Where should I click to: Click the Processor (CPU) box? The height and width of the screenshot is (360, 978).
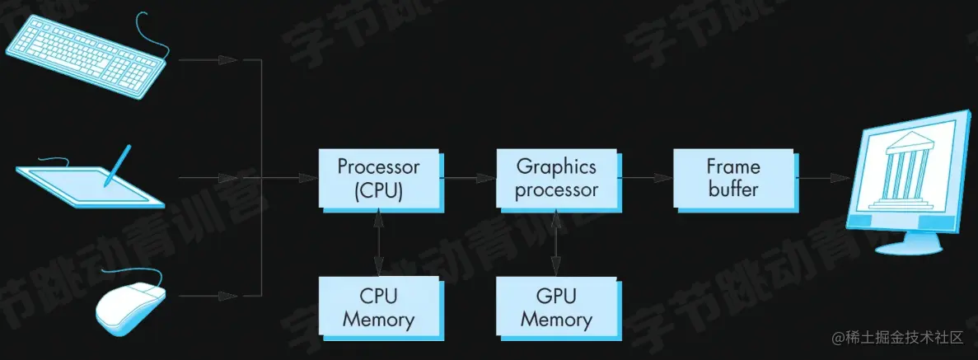click(378, 178)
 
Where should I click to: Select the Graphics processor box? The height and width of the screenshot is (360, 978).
click(556, 178)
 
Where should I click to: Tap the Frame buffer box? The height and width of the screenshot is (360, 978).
click(732, 178)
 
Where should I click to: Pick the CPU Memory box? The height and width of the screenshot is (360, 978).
click(378, 306)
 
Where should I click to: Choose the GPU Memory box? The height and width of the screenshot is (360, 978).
click(556, 306)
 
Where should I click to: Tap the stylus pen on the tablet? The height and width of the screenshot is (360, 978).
click(118, 165)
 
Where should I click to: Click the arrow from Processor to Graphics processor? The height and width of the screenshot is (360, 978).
click(468, 178)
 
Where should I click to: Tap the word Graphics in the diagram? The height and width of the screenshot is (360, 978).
click(556, 167)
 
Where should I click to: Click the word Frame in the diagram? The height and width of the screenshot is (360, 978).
click(732, 167)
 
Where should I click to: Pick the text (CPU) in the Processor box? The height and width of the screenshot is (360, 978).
click(378, 190)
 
